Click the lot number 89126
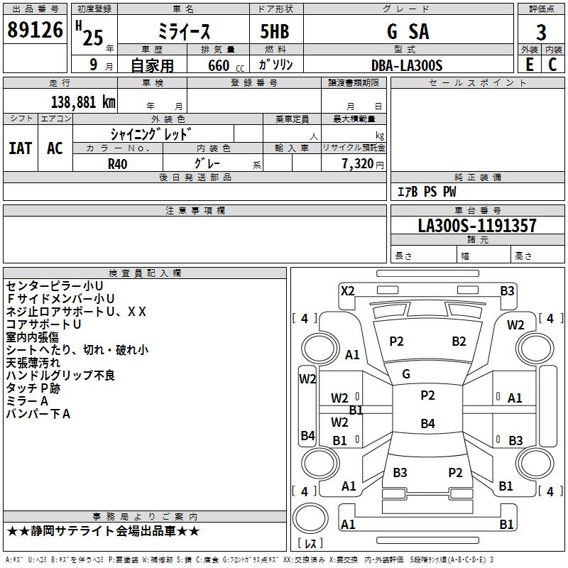pyautogui.click(x=35, y=31)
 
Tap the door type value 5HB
pyautogui.click(x=275, y=32)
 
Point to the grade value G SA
pyautogui.click(x=408, y=32)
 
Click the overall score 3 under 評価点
pyautogui.click(x=541, y=33)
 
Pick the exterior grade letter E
pyautogui.click(x=529, y=64)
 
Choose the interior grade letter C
pyautogui.click(x=552, y=64)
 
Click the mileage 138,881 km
pyautogui.click(x=83, y=102)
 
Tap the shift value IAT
pyautogui.click(x=21, y=148)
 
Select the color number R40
pyautogui.click(x=118, y=163)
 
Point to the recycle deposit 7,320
pyautogui.click(x=358, y=163)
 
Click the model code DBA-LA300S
pyautogui.click(x=407, y=65)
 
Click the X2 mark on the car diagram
pyautogui.click(x=348, y=290)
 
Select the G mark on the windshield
pyautogui.click(x=406, y=373)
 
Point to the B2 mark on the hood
pyautogui.click(x=459, y=342)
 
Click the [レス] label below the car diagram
pyautogui.click(x=311, y=544)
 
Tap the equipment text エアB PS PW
pyautogui.click(x=426, y=192)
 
